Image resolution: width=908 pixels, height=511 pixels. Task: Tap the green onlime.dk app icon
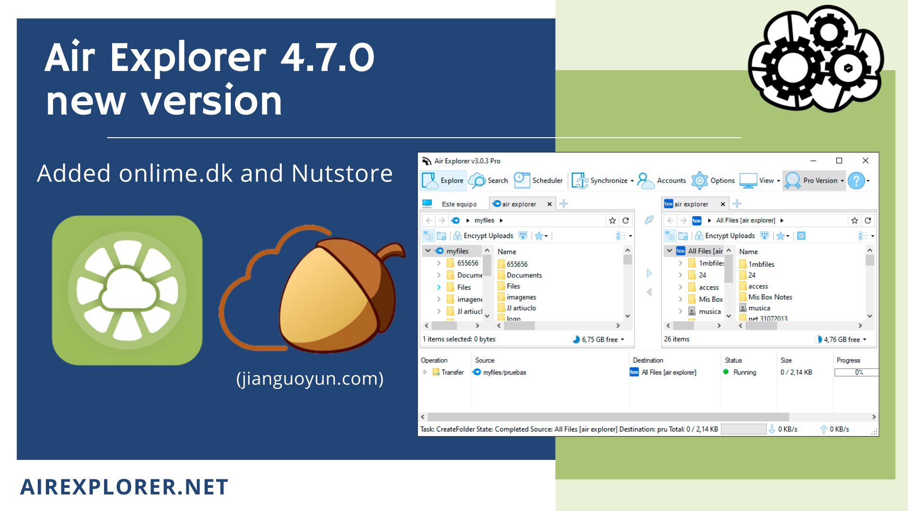(127, 290)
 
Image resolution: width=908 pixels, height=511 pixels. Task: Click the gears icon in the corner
(816, 59)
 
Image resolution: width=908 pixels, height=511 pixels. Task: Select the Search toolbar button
(488, 181)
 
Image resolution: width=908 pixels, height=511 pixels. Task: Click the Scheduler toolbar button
(539, 181)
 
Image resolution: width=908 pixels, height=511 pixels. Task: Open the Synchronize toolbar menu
(603, 181)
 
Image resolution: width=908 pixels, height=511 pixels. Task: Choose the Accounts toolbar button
(662, 181)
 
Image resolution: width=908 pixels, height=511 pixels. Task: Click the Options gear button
(713, 181)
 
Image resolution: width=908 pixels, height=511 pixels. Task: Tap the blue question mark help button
(856, 181)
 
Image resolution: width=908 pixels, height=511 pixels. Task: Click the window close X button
(865, 161)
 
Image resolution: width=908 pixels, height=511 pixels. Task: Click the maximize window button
(839, 161)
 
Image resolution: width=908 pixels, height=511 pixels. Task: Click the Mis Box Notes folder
(766, 297)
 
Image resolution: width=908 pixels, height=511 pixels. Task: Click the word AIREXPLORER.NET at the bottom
(124, 487)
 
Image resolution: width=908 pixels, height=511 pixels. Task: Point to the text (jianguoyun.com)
(310, 379)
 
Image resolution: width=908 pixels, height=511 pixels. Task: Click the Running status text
(744, 372)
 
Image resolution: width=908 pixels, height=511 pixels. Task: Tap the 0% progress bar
(856, 372)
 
